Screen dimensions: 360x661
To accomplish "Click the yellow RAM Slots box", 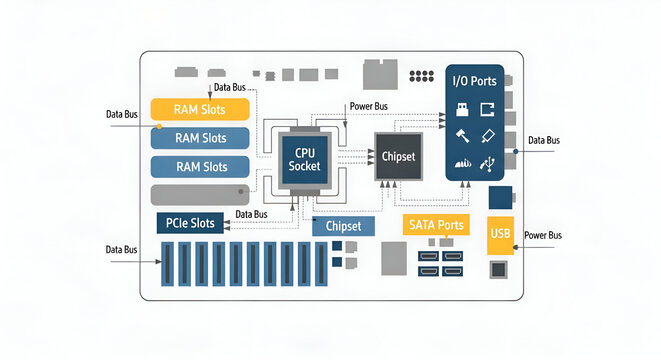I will [x=200, y=109].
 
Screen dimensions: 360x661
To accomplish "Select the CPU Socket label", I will [x=304, y=158].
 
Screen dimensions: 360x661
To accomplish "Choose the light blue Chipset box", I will [x=343, y=227].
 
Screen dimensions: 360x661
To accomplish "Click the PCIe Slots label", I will [x=190, y=222].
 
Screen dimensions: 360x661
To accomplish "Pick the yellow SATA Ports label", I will [x=436, y=225].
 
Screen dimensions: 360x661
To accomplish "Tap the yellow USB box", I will [x=501, y=235].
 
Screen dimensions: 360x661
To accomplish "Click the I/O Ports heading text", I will [x=474, y=80].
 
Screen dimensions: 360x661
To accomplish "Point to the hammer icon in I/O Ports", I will [x=462, y=135].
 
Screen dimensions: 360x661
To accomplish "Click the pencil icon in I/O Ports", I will [x=489, y=135].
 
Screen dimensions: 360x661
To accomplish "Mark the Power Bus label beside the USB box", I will [x=543, y=235].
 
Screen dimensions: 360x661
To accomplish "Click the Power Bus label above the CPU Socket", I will [x=369, y=105].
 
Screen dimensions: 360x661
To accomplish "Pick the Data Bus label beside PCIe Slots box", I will [x=251, y=214].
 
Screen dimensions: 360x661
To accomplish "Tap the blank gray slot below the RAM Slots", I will [x=200, y=195].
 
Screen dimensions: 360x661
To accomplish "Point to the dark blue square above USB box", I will [x=500, y=196].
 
